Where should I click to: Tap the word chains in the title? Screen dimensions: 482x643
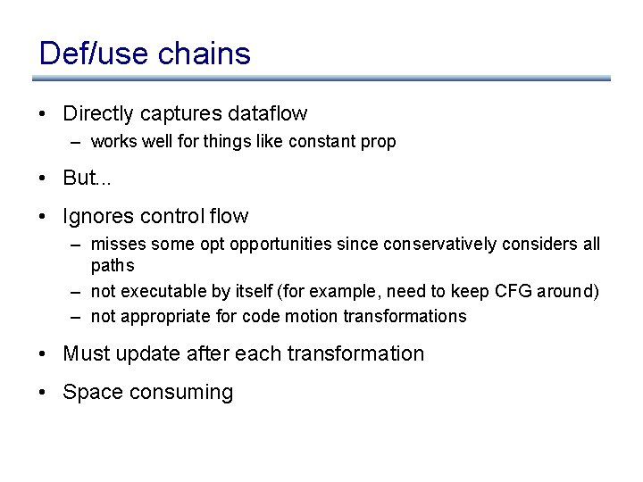click(203, 54)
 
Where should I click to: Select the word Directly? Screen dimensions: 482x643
click(96, 114)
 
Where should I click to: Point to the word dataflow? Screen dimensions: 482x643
click(267, 114)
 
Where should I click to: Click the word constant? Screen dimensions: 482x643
click(320, 142)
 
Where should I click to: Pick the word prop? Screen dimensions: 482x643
click(380, 142)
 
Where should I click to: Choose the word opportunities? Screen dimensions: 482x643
click(275, 245)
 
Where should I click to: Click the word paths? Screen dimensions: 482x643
click(113, 266)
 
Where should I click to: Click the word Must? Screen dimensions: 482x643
click(85, 354)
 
